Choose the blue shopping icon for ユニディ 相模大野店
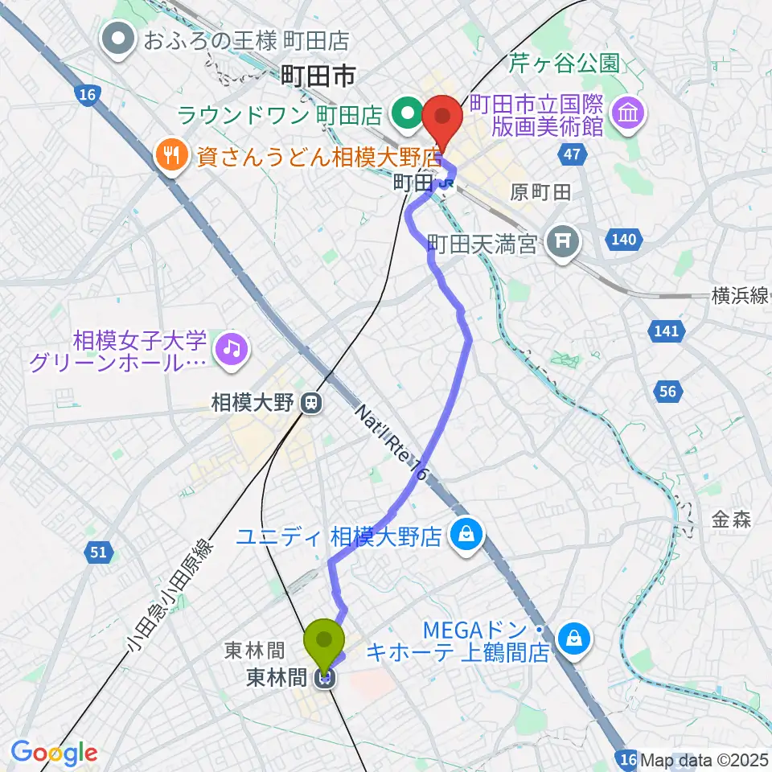[465, 534]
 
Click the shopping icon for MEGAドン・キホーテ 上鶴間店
[574, 640]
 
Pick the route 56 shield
[667, 392]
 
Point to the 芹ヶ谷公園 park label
[564, 62]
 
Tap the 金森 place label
[731, 520]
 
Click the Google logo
[54, 752]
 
